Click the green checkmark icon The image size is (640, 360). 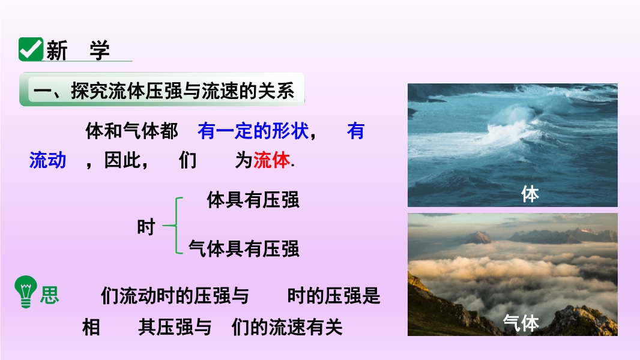tap(31, 49)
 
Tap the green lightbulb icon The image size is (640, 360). tap(26, 292)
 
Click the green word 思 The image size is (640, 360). tap(49, 295)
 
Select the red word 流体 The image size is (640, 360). tap(271, 160)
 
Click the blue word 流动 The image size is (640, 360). tap(48, 160)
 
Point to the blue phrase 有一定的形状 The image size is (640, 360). tap(253, 131)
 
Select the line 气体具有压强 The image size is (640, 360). tap(244, 248)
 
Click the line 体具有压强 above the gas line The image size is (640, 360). tap(253, 200)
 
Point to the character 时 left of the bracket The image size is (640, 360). tap(146, 227)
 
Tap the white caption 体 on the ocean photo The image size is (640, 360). tap(530, 194)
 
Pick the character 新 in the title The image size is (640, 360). tap(56, 50)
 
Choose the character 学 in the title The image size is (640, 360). tap(100, 50)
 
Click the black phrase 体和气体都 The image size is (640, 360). tap(131, 131)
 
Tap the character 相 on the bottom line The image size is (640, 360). tap(91, 327)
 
